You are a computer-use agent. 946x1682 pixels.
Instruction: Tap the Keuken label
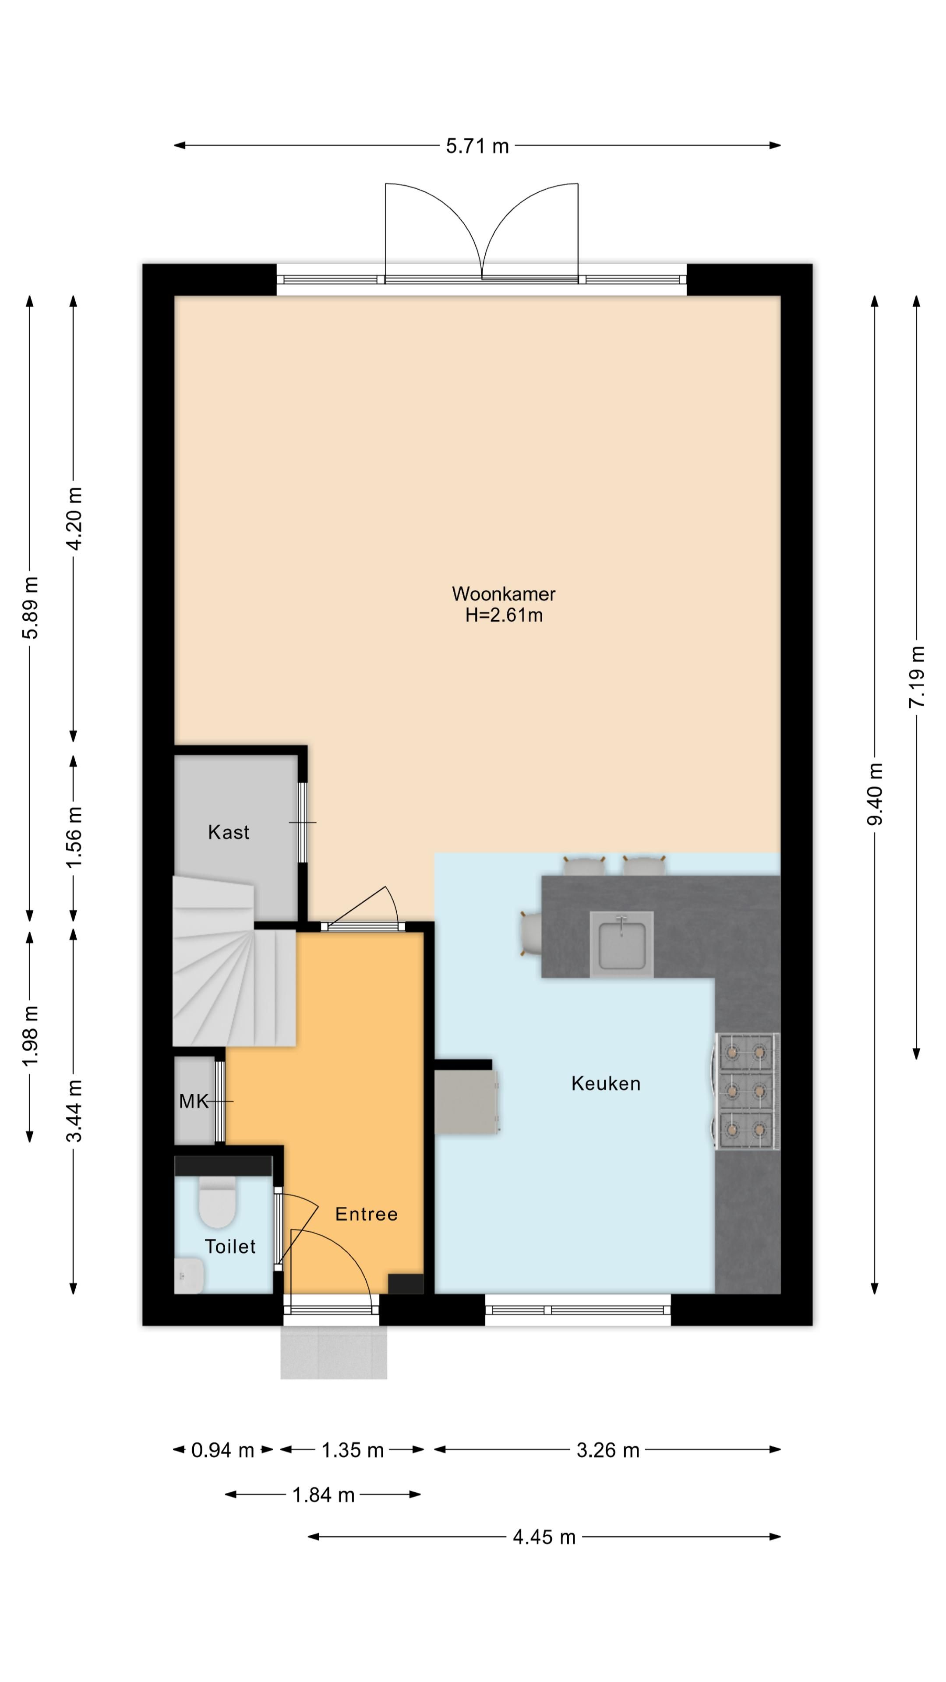(x=606, y=1083)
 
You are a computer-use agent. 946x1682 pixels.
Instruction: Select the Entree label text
(x=366, y=1214)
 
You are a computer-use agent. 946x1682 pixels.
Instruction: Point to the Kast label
(x=229, y=832)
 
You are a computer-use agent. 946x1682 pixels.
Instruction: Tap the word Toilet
(x=230, y=1247)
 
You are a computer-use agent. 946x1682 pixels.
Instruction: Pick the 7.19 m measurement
(x=917, y=676)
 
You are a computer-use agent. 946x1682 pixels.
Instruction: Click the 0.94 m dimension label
(x=222, y=1450)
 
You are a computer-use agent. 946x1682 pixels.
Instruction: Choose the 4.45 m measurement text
(x=544, y=1537)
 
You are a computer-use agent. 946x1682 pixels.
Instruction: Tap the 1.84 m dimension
(x=323, y=1495)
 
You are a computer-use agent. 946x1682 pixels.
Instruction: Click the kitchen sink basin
(x=621, y=944)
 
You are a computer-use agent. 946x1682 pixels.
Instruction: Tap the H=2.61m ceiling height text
(x=503, y=615)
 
